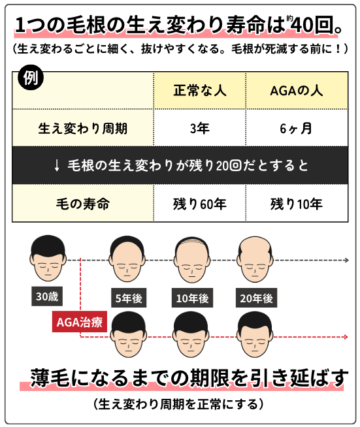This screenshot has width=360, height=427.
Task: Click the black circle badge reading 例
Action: click(x=31, y=78)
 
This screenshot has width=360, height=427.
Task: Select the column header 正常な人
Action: click(x=200, y=90)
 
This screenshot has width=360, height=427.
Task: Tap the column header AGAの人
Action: click(x=297, y=90)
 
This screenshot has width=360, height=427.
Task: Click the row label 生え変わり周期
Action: click(x=83, y=128)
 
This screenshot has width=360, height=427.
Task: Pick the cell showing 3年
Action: click(x=200, y=128)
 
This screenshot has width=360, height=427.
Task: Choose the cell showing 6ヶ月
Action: click(x=296, y=128)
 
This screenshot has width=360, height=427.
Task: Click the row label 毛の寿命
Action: click(x=83, y=204)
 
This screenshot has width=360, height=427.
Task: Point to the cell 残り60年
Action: click(x=200, y=204)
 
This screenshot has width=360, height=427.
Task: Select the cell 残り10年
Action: click(x=297, y=204)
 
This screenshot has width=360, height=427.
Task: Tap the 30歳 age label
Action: click(x=47, y=296)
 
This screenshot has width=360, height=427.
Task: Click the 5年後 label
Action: click(x=129, y=298)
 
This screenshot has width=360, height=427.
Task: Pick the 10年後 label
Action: click(x=192, y=298)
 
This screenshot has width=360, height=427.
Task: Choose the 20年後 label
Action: click(x=256, y=298)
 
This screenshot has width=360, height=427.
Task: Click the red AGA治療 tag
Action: click(x=79, y=322)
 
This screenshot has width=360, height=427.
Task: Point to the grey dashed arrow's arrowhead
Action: click(x=347, y=261)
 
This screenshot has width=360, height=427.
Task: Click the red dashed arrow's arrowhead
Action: click(x=346, y=337)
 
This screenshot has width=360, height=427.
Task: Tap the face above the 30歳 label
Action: click(x=48, y=258)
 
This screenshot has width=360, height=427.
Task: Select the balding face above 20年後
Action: click(x=255, y=259)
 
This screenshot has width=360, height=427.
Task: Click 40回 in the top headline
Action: click(x=314, y=25)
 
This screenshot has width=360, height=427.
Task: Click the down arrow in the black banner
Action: click(x=57, y=165)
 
